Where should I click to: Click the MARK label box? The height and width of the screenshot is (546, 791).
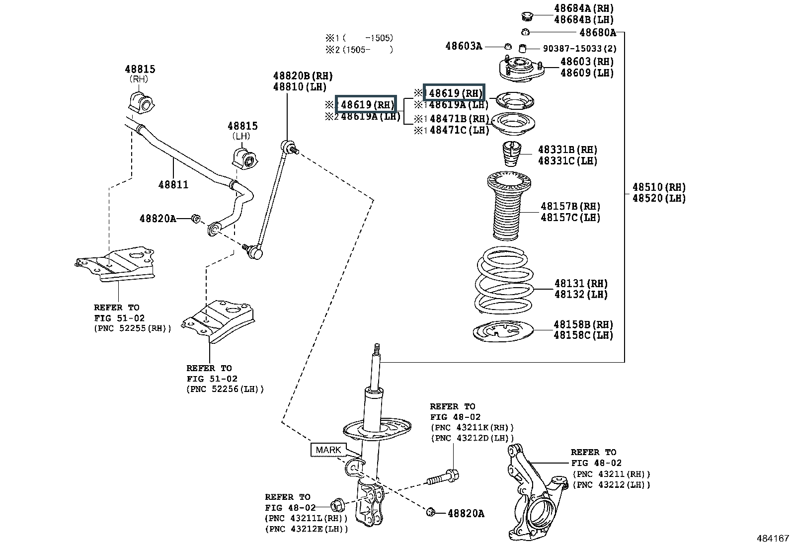point(328,450)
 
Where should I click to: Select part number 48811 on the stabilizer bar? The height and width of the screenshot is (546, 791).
point(173,185)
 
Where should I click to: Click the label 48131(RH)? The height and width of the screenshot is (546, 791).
point(581,284)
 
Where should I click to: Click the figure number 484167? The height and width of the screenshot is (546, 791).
point(773,539)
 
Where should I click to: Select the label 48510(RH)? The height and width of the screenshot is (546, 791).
point(659,187)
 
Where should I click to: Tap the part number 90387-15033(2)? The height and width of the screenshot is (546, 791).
point(579,49)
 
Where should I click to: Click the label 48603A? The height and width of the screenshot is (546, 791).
point(464,46)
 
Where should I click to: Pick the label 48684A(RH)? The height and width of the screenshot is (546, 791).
point(584,8)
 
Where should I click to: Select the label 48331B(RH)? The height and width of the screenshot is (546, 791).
point(567,150)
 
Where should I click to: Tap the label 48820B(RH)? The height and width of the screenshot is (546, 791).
point(303,76)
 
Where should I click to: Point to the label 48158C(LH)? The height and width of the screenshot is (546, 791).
point(583,335)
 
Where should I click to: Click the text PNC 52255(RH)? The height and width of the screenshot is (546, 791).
point(133,329)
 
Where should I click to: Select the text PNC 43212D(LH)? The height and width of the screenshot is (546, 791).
point(472,438)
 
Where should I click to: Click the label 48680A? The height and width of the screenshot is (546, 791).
point(597,33)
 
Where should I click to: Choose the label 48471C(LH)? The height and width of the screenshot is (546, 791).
point(459,130)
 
